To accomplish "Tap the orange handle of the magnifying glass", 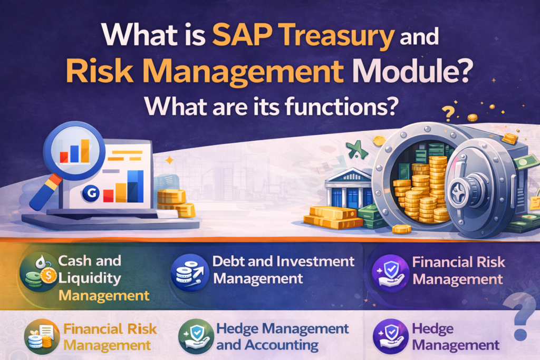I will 42,192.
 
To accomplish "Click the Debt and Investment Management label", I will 283,269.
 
